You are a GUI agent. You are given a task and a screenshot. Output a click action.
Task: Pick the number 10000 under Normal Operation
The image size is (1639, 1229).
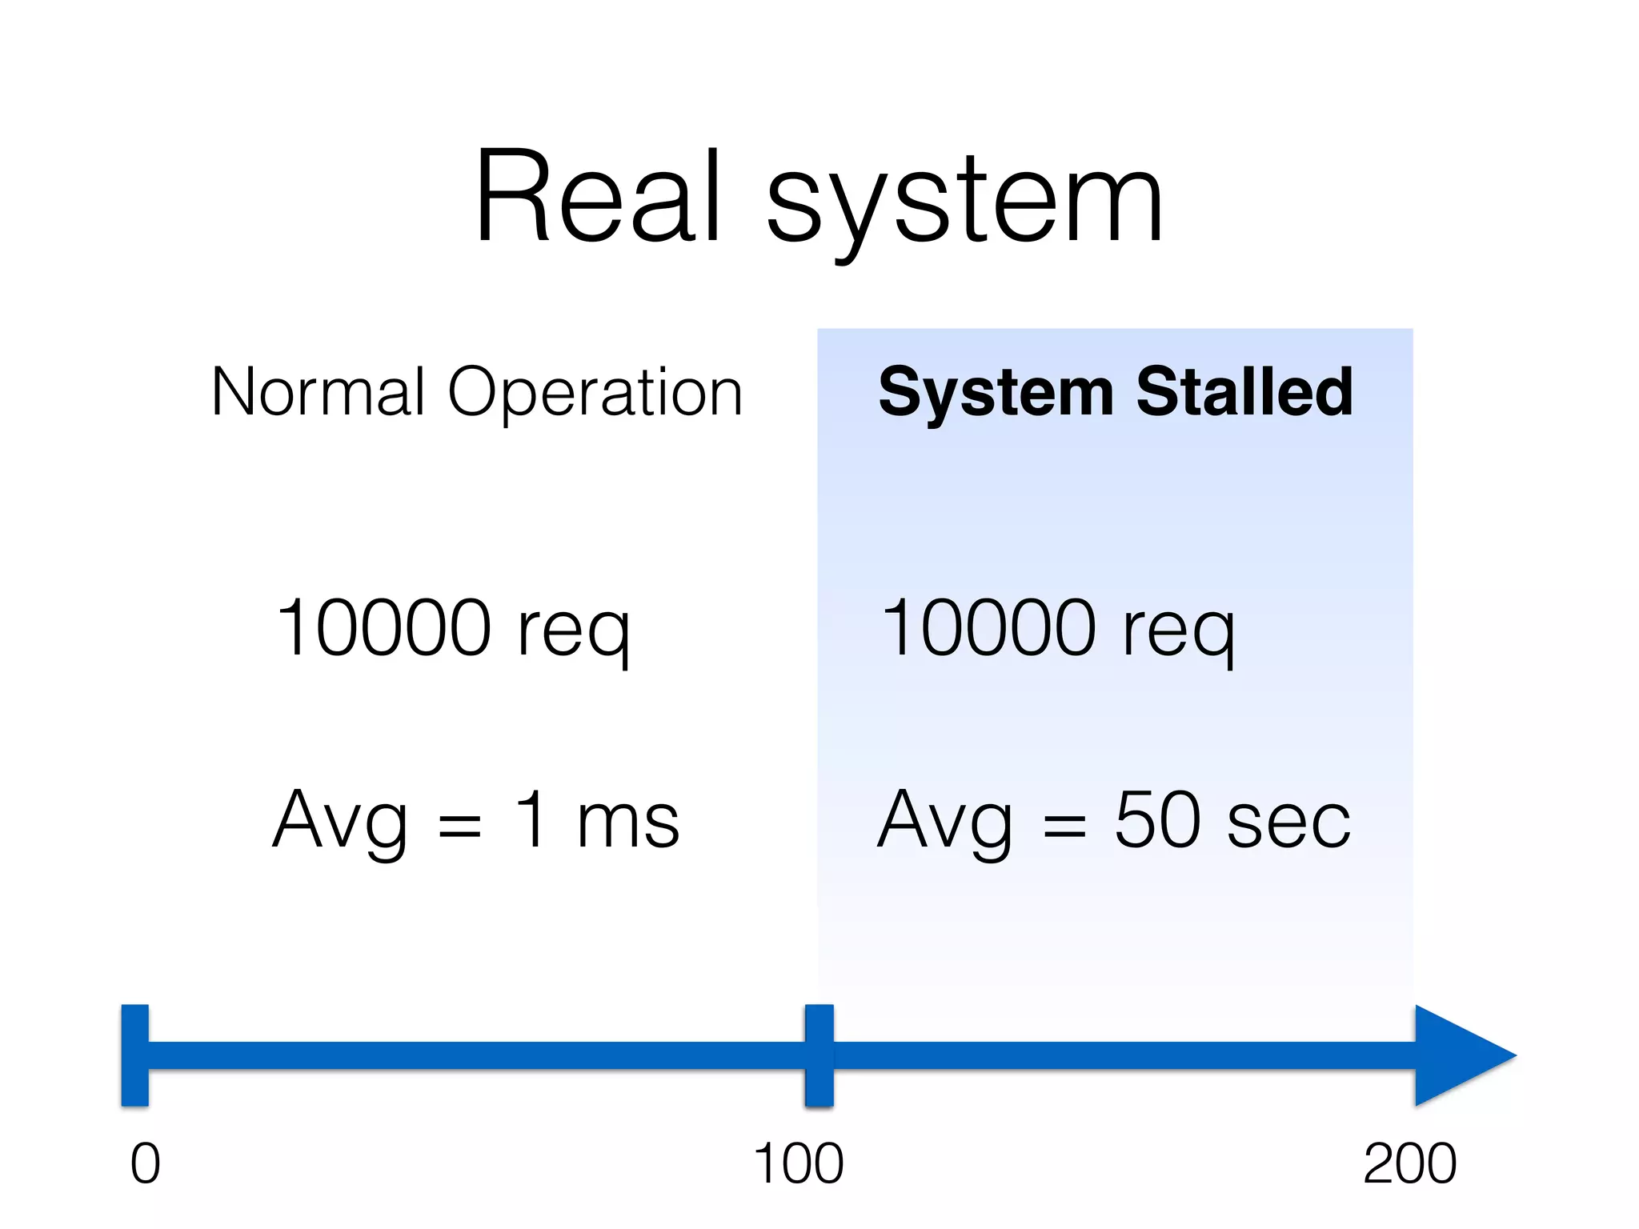383,628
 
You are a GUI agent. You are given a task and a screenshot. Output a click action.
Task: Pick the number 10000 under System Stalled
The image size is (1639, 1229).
988,628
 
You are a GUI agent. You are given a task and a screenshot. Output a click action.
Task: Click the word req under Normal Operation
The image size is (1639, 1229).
573,632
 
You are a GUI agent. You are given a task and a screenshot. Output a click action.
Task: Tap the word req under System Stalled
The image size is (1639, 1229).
1178,632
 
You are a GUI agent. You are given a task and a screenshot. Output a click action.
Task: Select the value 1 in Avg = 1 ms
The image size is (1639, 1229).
531,819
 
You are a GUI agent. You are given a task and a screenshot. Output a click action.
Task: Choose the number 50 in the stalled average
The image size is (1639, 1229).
1157,819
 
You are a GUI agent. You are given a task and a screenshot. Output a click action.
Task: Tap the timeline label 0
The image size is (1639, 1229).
146,1163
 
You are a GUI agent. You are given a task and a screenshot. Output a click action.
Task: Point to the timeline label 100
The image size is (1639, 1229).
799,1163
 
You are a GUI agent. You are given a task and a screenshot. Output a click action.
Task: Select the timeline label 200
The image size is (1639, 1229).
1410,1163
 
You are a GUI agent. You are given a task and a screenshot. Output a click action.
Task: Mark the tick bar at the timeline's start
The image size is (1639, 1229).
135,1055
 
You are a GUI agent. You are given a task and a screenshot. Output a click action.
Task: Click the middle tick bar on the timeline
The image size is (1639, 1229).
819,1055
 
